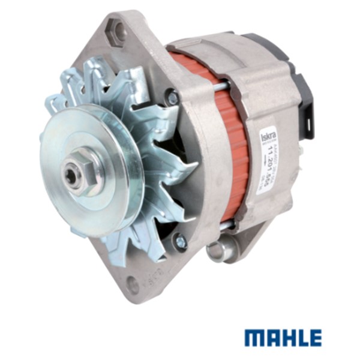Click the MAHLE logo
point(283,338)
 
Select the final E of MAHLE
point(314,338)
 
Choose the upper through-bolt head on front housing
point(173,97)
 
